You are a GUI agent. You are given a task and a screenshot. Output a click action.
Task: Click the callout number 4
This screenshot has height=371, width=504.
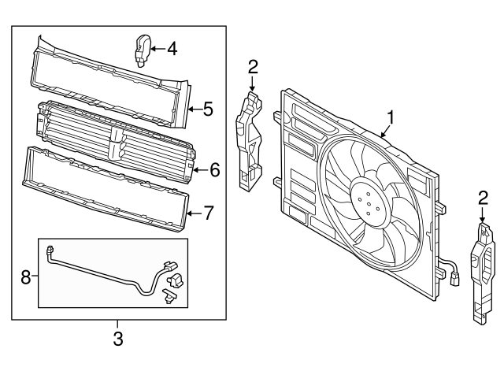pyautogui.click(x=172, y=50)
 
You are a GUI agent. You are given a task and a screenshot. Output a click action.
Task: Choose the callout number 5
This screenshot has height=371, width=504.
pyautogui.click(x=209, y=109)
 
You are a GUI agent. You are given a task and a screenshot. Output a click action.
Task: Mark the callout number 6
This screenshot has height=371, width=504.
pyautogui.click(x=213, y=169)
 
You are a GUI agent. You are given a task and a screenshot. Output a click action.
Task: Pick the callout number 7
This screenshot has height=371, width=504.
pyautogui.click(x=209, y=212)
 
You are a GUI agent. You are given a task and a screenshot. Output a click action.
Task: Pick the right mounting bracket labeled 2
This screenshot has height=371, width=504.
pyautogui.click(x=481, y=272)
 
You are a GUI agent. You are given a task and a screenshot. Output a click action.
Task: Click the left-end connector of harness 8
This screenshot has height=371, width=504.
pyautogui.click(x=51, y=253)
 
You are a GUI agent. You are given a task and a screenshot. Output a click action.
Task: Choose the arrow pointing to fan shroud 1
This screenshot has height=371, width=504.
pyautogui.click(x=384, y=132)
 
